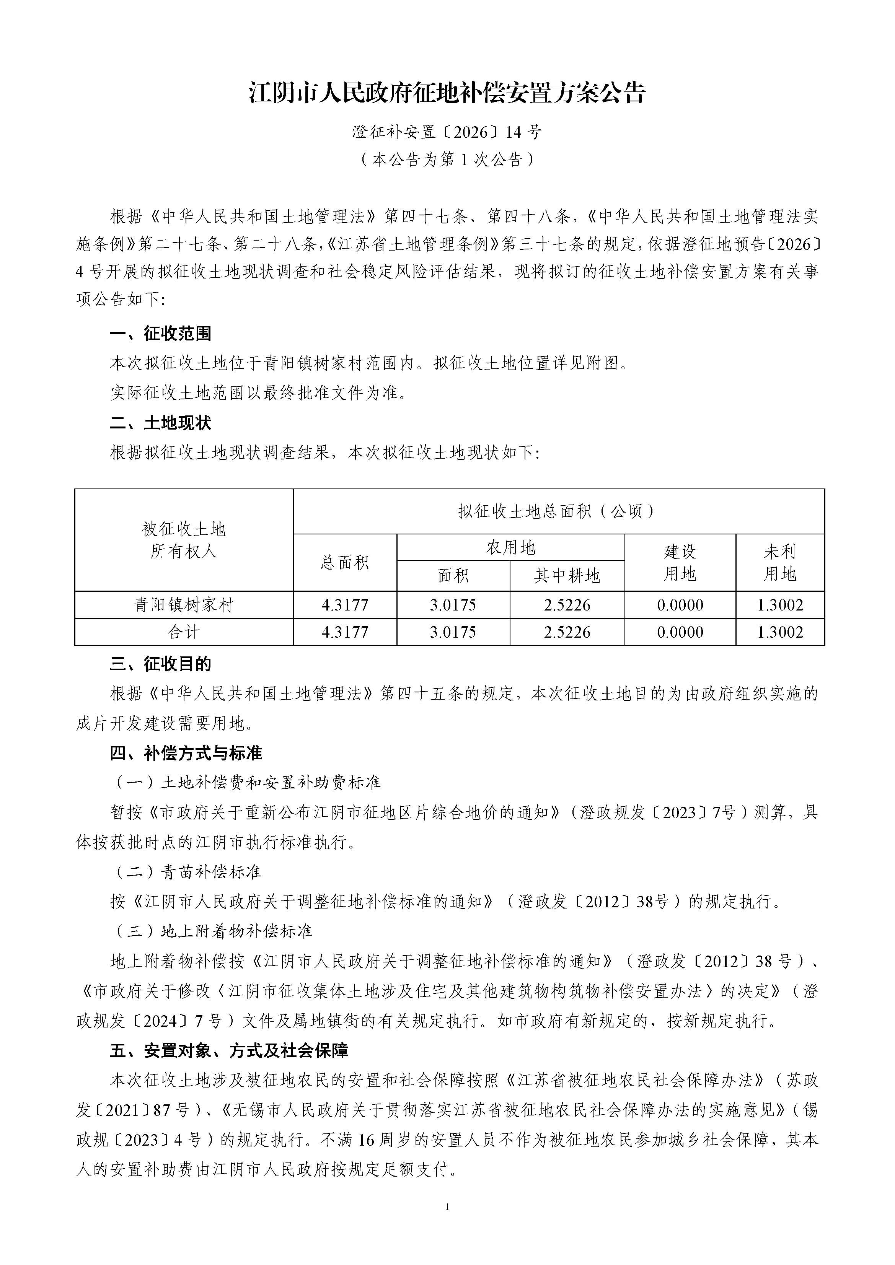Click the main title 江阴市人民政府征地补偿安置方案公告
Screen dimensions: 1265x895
[447, 93]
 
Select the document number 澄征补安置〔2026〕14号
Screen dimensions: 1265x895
[447, 132]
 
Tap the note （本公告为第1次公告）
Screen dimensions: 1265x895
[447, 160]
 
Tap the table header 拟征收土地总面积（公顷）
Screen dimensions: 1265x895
[558, 511]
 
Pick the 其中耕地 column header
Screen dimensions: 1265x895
[567, 576]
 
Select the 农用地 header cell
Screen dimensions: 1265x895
[510, 547]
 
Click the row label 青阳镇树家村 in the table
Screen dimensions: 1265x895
[184, 605]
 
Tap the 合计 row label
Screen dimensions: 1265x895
[184, 632]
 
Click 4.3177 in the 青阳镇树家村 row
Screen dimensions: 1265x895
[345, 605]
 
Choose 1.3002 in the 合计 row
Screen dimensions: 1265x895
[780, 632]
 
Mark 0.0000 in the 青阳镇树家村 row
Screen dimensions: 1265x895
[680, 605]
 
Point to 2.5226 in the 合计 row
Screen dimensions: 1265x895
[567, 632]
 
